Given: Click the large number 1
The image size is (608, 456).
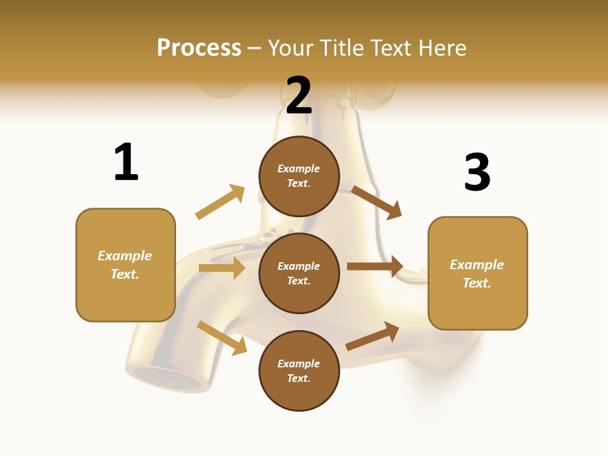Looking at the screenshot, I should (126, 162).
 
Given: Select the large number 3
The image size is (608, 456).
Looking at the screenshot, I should (477, 173).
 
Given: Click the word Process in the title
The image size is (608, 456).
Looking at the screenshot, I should (199, 47).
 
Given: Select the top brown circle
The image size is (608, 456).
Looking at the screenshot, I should (299, 176).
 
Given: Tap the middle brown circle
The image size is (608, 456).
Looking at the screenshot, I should (299, 273).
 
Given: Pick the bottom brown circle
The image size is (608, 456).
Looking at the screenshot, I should (299, 370).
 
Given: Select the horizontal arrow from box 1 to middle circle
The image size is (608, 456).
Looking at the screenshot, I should (222, 268).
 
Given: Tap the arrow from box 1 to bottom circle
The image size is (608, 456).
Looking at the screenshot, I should (222, 338).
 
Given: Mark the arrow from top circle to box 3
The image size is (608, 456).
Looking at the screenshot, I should (377, 203).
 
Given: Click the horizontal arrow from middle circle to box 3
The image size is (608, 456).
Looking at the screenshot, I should (375, 267).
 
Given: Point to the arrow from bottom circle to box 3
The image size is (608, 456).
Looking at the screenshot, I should (372, 336).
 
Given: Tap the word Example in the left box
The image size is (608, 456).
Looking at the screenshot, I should (125, 256).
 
